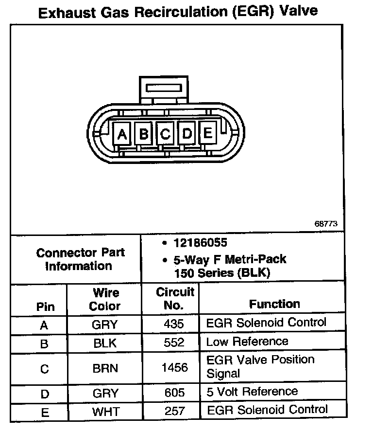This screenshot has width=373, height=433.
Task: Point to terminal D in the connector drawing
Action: [x=187, y=133]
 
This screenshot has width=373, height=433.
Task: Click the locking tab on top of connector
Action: [x=164, y=90]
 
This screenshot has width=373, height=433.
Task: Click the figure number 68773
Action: [x=325, y=224]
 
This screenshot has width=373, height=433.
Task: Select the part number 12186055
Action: [x=200, y=243]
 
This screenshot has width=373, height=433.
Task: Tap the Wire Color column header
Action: [x=105, y=299]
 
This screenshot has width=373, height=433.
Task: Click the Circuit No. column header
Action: [x=175, y=299]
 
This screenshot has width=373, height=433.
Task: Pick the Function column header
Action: [x=274, y=304]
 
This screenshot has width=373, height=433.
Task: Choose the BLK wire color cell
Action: [x=105, y=343]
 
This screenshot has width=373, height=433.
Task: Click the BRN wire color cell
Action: [x=105, y=368]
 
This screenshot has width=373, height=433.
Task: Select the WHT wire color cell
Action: [x=105, y=412]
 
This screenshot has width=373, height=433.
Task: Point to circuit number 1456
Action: [x=175, y=368]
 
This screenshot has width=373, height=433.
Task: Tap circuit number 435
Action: [x=175, y=324]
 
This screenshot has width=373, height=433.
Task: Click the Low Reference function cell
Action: [x=247, y=342]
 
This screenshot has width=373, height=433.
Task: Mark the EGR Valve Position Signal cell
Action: [x=260, y=366]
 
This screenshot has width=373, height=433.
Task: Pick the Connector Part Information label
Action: [x=81, y=259]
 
